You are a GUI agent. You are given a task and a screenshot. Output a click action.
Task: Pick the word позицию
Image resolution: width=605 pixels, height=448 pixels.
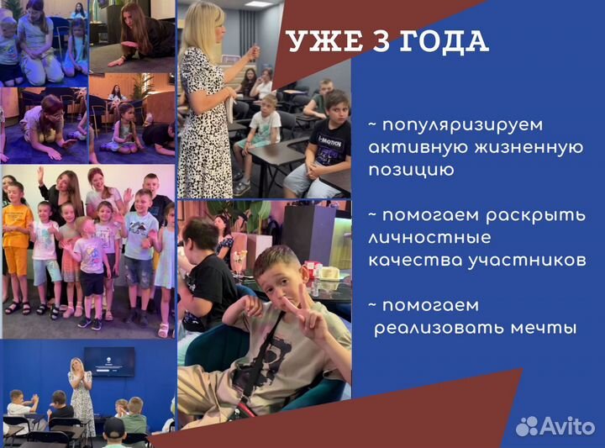[411, 171]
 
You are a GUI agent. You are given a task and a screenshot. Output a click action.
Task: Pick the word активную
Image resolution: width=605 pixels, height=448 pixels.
[412, 148]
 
